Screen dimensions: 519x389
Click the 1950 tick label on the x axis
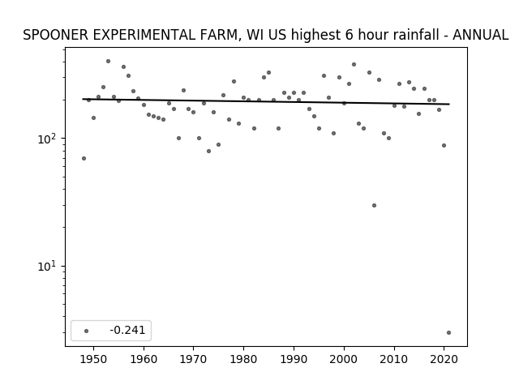[93, 359]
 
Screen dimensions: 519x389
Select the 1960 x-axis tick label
[144, 359]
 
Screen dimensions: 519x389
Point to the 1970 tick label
[193, 359]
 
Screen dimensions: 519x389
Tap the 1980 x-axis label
[243, 359]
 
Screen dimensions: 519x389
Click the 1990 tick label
[294, 359]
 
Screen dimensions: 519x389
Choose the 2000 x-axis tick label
[344, 359]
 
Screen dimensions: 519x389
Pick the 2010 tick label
[394, 359]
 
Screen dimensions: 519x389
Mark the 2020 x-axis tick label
[444, 359]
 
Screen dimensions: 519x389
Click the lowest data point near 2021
[448, 333]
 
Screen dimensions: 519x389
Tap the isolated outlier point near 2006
[374, 205]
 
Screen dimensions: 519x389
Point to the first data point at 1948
[84, 159]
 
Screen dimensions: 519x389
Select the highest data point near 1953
[108, 62]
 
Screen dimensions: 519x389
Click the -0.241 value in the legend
[127, 330]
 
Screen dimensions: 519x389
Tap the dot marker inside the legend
[87, 331]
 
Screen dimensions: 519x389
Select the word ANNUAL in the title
[480, 35]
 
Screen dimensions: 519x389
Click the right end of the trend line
[449, 105]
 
